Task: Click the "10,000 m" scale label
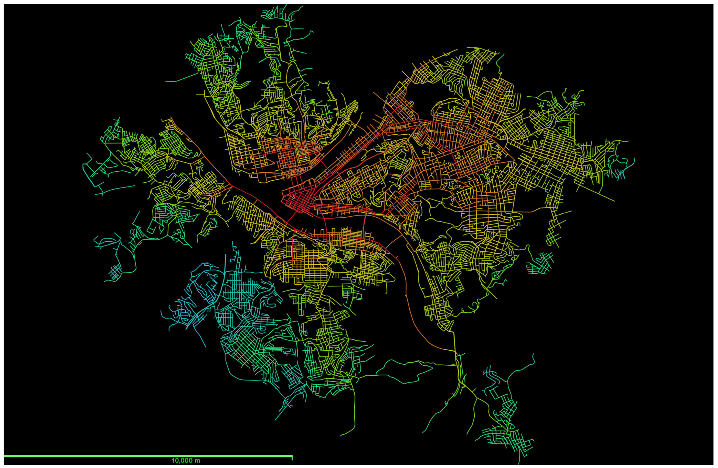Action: (186, 460)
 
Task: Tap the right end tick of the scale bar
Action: (292, 458)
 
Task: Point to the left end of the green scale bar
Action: (4, 456)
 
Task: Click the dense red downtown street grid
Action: (299, 200)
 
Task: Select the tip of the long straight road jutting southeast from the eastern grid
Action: (614, 201)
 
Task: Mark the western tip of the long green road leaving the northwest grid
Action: (166, 81)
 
